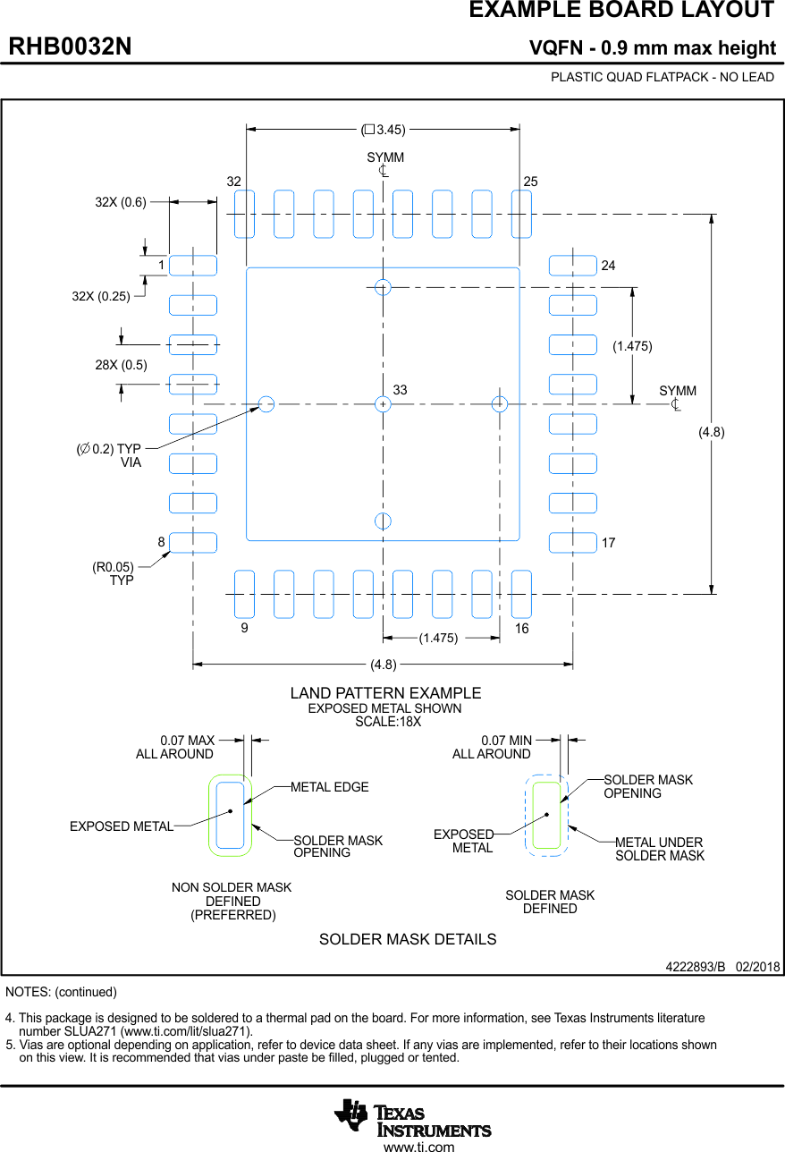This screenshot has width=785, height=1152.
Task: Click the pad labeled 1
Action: click(193, 266)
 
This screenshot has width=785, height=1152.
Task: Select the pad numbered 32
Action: click(244, 215)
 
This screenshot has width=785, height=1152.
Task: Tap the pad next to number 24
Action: click(572, 266)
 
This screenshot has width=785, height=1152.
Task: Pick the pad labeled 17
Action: click(572, 543)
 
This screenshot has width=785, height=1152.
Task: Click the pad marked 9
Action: click(244, 594)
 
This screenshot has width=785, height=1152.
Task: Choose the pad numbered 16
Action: click(521, 594)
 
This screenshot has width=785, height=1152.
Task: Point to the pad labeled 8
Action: click(193, 543)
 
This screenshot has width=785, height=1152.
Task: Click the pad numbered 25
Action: click(521, 215)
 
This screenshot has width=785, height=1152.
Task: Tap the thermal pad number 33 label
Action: click(400, 390)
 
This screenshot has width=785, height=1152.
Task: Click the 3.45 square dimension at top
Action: click(384, 130)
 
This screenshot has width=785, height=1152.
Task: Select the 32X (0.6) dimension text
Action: click(121, 202)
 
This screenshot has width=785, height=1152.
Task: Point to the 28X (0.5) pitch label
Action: click(121, 365)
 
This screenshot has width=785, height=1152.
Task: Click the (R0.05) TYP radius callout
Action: click(113, 573)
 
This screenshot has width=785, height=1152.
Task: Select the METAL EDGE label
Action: click(329, 787)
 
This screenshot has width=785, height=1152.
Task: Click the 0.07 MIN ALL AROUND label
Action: click(492, 748)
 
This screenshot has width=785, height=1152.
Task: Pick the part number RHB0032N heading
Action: click(71, 47)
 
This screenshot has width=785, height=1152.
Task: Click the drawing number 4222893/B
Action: click(695, 968)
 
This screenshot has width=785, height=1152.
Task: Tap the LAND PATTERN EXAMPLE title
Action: click(385, 693)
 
